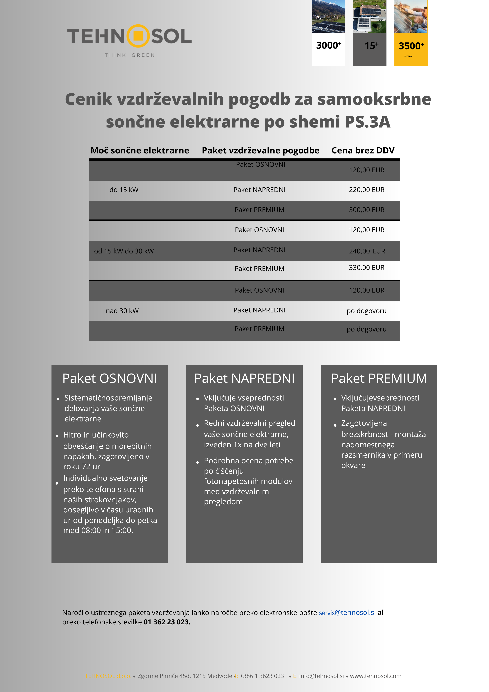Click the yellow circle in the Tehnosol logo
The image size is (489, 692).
click(138, 36)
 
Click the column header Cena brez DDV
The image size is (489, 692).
click(363, 150)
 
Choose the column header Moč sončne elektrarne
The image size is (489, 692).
click(140, 150)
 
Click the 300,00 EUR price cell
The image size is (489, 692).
click(366, 210)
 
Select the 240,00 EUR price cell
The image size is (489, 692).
click(367, 251)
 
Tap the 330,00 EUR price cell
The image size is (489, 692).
click(366, 268)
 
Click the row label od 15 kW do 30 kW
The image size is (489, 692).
click(124, 251)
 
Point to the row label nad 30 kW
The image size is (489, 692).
click(122, 311)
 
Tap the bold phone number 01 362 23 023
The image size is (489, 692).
click(167, 622)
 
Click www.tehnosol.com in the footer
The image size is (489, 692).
click(375, 676)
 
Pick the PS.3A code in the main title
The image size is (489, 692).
click(368, 122)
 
